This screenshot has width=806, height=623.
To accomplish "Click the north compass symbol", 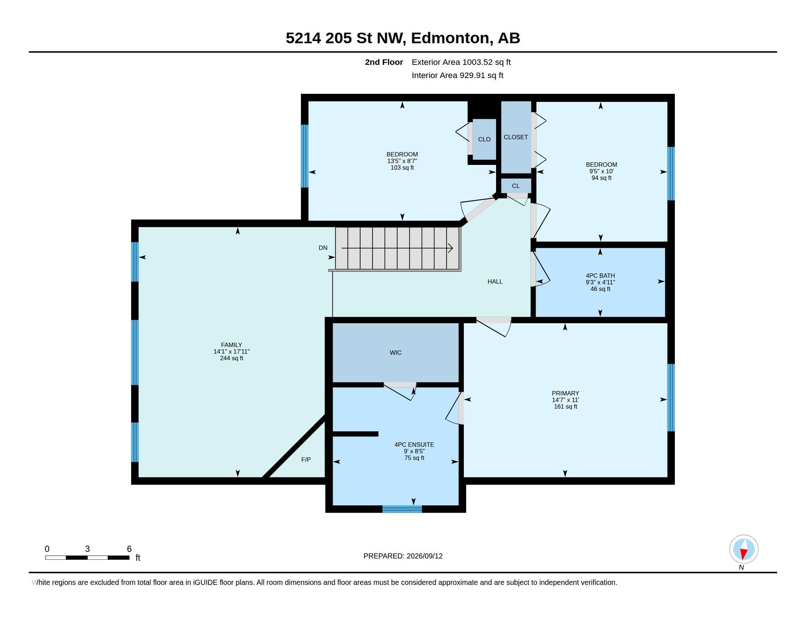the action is tap(744, 549).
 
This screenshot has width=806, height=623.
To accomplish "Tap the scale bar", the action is tap(88, 557).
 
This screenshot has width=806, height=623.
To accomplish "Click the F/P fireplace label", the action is tap(306, 460).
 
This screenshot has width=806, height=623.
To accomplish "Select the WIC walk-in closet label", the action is tap(396, 353).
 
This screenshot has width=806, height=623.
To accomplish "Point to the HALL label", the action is tap(495, 281).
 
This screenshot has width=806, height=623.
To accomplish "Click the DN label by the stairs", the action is tap(323, 248).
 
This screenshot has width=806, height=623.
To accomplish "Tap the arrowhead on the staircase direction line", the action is tap(451, 248).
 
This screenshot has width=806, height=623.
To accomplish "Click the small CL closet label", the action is tap(516, 186).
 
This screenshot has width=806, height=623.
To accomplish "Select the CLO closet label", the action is tap(484, 140).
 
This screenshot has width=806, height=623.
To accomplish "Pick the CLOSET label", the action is tap(515, 137).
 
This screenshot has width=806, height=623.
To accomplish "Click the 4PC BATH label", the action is tap(600, 276).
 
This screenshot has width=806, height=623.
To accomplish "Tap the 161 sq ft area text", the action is tap(565, 407).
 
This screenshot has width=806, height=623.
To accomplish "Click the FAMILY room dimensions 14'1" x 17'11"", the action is tap(232, 352).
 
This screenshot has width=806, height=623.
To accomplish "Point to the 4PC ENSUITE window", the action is tap(402, 509).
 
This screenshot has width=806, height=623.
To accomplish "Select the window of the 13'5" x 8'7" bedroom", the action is tap(304, 156).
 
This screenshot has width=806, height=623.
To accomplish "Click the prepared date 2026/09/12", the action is tap(424, 556).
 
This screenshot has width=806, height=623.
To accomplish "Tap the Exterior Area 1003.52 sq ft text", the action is tap(461, 62).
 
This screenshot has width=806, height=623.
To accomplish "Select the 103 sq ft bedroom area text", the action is tap(402, 168).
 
